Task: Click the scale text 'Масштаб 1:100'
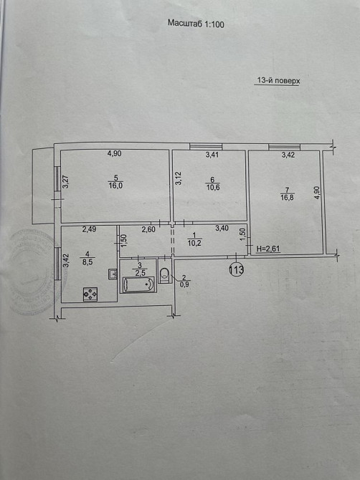click(x=196, y=24)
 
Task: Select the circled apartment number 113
click(x=236, y=269)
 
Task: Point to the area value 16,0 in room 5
click(x=115, y=185)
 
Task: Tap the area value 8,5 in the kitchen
click(x=87, y=261)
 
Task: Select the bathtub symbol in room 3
click(x=138, y=284)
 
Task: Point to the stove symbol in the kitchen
click(x=90, y=294)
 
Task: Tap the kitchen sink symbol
click(x=112, y=273)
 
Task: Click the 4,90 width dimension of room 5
click(x=115, y=153)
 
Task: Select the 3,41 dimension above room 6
click(x=213, y=154)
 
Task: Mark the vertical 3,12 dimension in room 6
click(x=179, y=178)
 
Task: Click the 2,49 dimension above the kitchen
click(x=89, y=229)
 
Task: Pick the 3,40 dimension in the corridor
click(x=222, y=229)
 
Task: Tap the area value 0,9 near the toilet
click(x=184, y=284)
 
